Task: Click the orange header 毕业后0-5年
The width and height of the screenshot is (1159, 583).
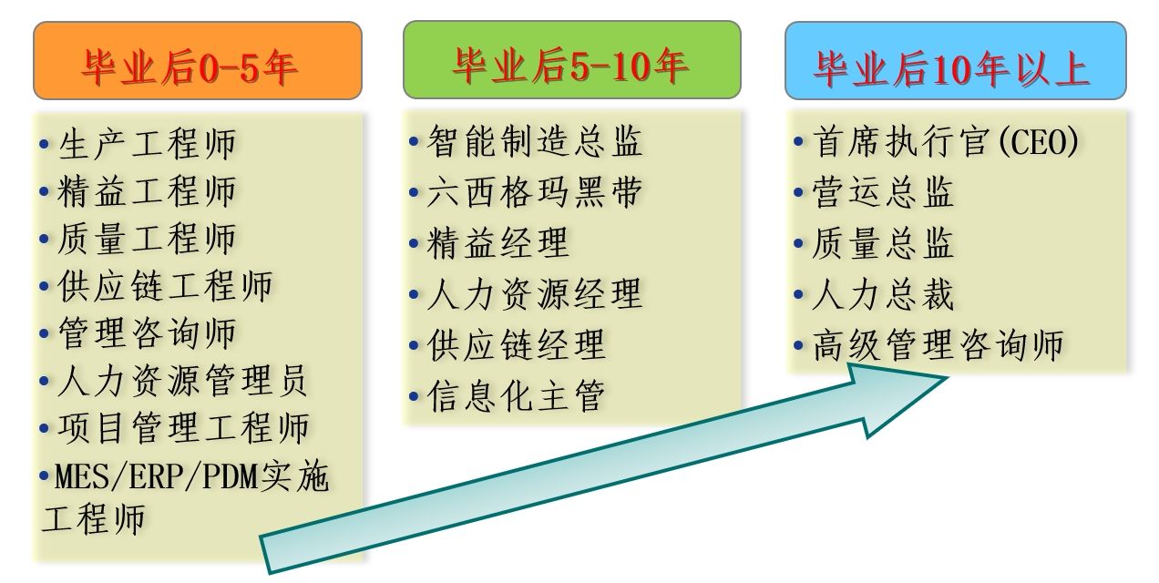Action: click(x=198, y=60)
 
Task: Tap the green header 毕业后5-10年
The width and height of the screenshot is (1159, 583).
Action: click(x=571, y=60)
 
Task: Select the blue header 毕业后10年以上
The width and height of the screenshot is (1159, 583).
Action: click(x=956, y=60)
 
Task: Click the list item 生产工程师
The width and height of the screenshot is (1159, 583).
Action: click(x=147, y=144)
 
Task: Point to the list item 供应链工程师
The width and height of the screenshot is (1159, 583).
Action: click(x=165, y=286)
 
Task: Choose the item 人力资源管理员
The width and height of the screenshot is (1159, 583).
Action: click(x=183, y=381)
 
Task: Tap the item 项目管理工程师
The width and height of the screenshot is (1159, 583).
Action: click(x=183, y=428)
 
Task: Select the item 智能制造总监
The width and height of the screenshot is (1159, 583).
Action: click(x=535, y=140)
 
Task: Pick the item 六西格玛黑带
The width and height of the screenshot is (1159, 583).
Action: click(x=535, y=192)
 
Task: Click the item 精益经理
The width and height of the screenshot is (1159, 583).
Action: click(x=498, y=242)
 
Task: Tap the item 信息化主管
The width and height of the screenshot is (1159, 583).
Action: click(x=517, y=396)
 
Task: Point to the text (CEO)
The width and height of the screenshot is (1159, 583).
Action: click(x=1039, y=141)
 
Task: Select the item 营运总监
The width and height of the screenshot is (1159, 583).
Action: click(x=883, y=192)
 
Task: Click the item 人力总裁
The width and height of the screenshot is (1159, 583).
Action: click(x=883, y=294)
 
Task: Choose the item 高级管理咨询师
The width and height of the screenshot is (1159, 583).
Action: click(x=938, y=345)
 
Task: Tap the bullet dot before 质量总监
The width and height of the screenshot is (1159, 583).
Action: click(x=798, y=243)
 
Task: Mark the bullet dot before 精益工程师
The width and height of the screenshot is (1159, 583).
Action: click(x=45, y=191)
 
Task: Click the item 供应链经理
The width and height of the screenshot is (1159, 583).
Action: click(x=517, y=345)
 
